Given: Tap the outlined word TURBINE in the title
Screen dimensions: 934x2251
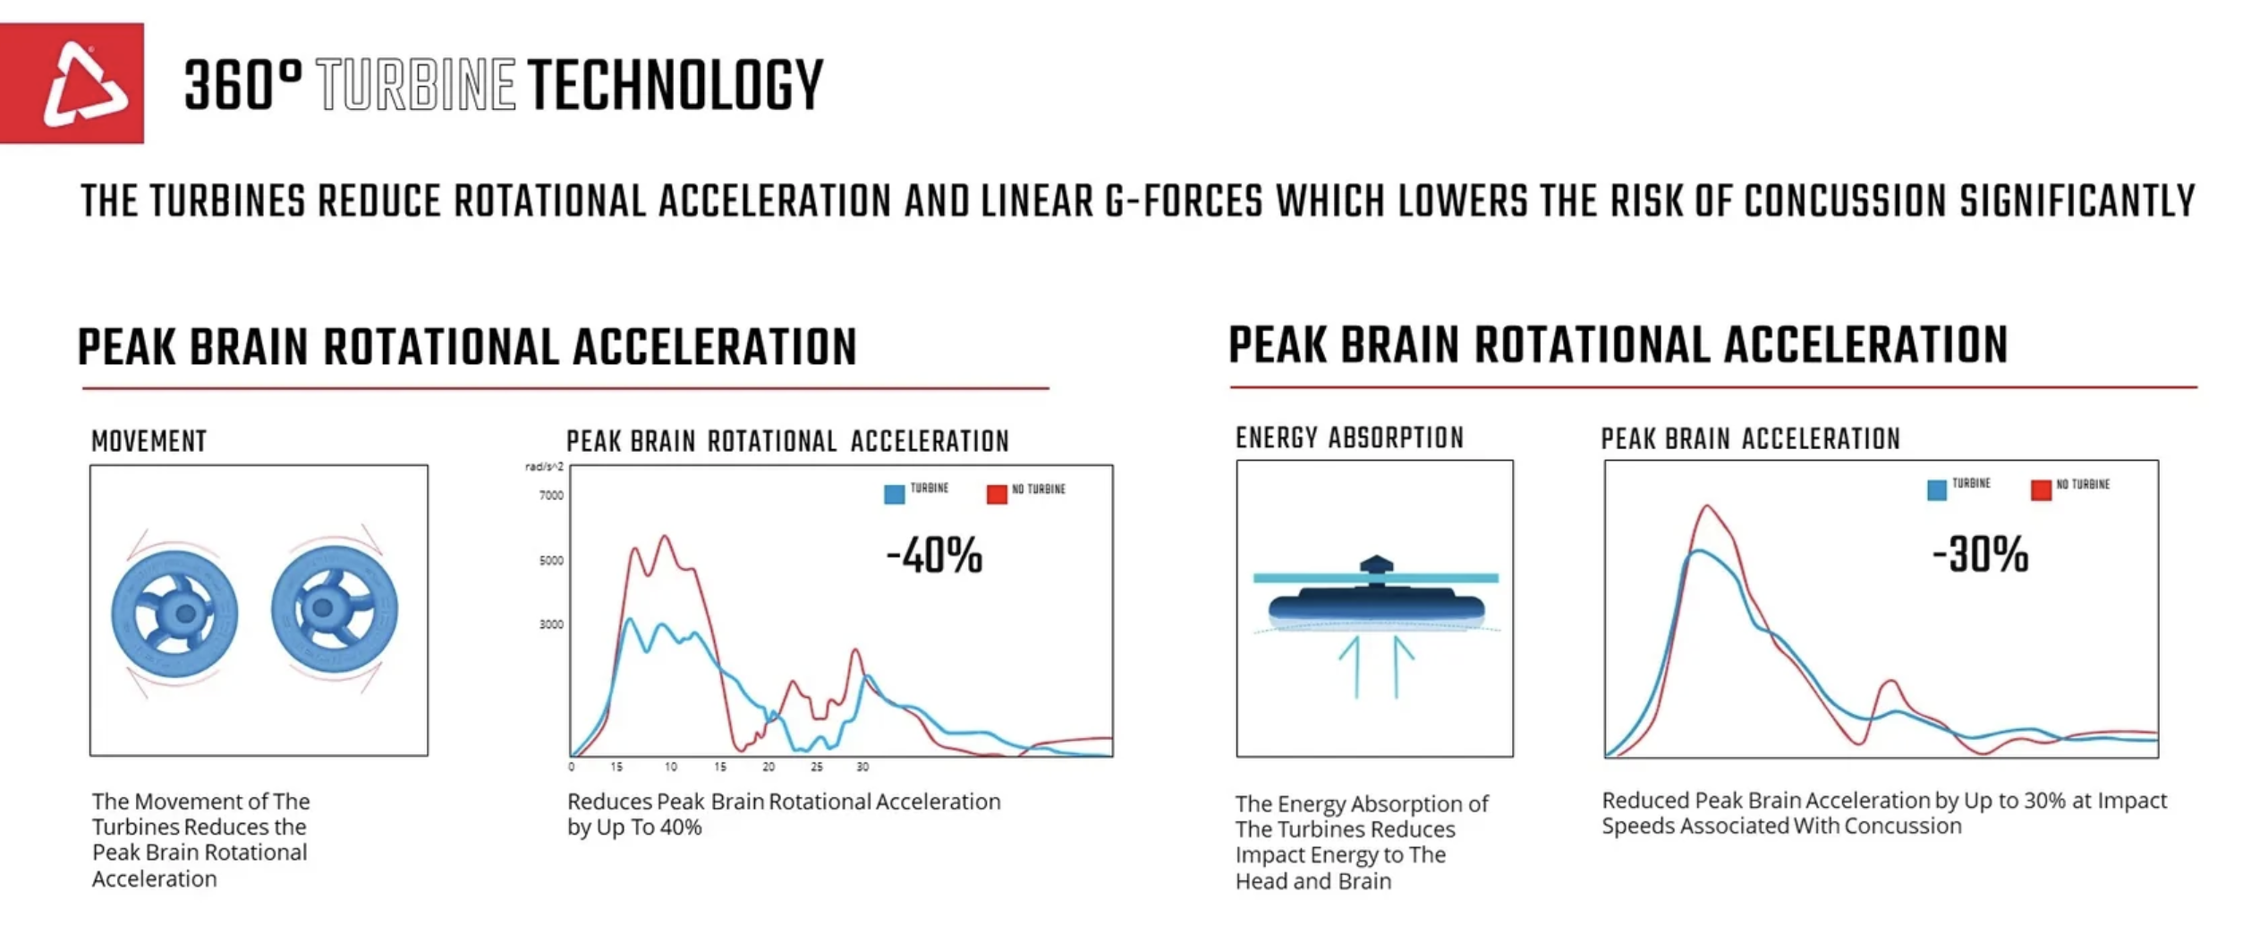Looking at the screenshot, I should tap(416, 86).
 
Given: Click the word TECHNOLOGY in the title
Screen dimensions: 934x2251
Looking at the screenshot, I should tap(675, 86).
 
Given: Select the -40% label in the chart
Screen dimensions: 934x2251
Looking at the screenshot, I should tap(934, 556).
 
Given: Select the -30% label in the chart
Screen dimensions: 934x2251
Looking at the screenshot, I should tap(1980, 555).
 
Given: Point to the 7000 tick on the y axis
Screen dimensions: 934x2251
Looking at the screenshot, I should tap(551, 496).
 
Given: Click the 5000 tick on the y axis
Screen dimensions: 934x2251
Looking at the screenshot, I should tap(551, 561).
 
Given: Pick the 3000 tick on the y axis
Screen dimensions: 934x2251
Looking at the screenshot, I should tap(551, 624).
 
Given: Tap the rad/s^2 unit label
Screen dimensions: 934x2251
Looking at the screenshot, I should tap(544, 467).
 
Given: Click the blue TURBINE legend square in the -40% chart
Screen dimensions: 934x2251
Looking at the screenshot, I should tap(894, 494).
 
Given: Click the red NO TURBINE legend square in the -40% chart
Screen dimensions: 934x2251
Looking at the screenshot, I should tap(997, 494).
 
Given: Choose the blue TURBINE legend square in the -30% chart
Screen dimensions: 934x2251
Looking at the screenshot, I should tap(1937, 489).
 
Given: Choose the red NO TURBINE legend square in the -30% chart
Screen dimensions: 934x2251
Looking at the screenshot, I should tap(2041, 489).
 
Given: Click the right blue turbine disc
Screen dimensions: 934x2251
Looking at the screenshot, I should tap(334, 609).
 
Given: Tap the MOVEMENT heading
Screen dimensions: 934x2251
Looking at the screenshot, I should tap(149, 441).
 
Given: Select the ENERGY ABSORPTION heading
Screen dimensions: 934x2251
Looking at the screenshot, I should tap(1349, 438).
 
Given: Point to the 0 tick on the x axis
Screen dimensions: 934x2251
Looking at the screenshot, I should tap(572, 767).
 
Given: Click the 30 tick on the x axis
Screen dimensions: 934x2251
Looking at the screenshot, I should tap(862, 767).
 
